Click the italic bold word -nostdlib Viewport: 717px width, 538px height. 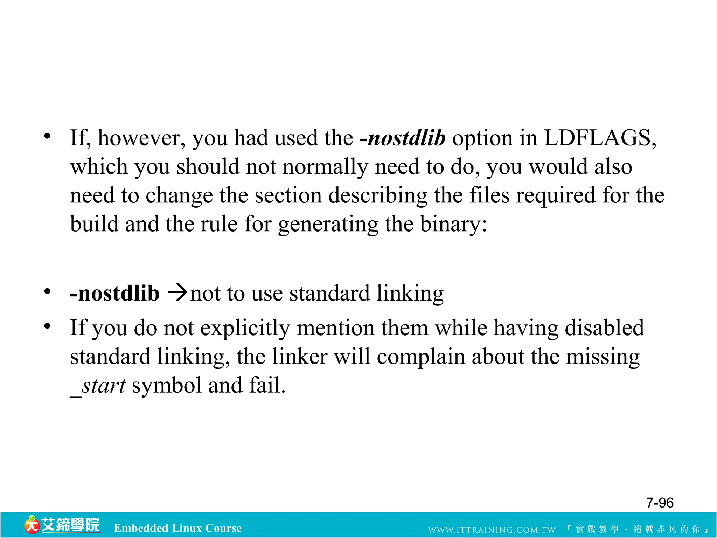pos(402,138)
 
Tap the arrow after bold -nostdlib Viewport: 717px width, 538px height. pos(177,293)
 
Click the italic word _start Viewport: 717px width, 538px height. pos(98,386)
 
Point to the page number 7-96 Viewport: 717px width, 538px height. pos(660,503)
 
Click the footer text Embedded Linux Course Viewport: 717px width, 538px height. pos(177,528)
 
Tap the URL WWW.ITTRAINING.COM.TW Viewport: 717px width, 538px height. pos(492,530)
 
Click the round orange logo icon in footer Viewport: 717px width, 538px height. pos(32,525)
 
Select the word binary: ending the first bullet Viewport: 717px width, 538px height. pos(453,224)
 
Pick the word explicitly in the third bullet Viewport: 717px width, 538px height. pos(245,329)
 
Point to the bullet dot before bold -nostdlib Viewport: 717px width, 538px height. pos(47,291)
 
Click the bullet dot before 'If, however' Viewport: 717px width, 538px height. pos(47,136)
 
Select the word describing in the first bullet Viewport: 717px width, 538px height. pos(378,195)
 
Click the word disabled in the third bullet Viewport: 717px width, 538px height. pos(604,328)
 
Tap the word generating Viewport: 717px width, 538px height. pos(328,224)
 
